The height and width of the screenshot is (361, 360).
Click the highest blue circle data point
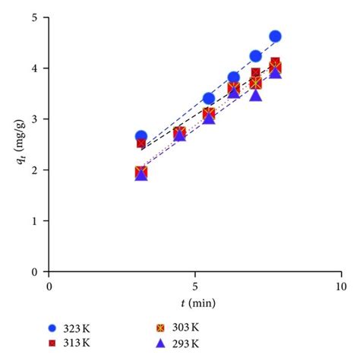click(275, 36)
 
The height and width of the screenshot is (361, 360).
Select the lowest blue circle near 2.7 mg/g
click(141, 136)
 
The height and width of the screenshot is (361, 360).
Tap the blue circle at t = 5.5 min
click(209, 99)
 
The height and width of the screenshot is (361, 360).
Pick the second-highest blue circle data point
click(255, 56)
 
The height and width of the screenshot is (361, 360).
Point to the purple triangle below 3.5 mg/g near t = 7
click(256, 95)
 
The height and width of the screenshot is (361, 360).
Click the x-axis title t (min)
click(195, 303)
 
